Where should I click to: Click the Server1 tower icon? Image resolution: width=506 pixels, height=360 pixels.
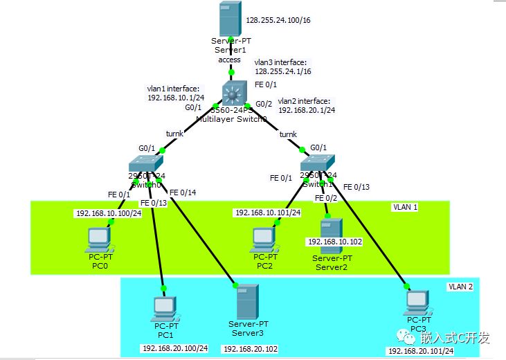pos(229,19)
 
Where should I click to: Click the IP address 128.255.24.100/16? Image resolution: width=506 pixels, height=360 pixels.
pos(278,21)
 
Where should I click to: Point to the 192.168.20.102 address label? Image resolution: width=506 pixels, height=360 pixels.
pos(250,349)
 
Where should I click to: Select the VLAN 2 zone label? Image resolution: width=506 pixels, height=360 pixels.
pos(461,286)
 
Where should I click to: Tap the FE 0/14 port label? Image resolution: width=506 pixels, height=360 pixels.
pos(183,192)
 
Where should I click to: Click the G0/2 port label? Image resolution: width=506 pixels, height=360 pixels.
pos(264,105)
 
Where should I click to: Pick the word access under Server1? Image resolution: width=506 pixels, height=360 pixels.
pos(229,60)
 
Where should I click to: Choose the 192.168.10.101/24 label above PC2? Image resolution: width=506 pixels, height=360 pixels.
pos(267,213)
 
